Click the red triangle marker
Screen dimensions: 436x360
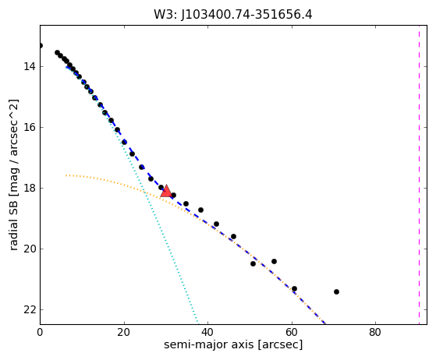click(166, 191)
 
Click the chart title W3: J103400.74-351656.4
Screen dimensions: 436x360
click(233, 15)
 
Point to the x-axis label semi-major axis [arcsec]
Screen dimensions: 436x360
click(233, 344)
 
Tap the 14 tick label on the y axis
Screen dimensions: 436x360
click(30, 67)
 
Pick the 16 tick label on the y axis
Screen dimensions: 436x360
click(30, 127)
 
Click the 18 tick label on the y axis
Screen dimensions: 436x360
click(30, 188)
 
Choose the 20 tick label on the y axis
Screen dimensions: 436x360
click(30, 249)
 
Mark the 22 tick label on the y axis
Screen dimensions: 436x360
click(30, 309)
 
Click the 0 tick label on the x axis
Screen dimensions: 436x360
click(40, 332)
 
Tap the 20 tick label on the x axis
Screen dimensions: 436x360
click(124, 332)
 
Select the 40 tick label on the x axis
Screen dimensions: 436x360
click(207, 332)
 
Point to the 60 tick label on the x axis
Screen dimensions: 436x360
click(292, 332)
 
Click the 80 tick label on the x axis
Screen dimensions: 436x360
click(375, 332)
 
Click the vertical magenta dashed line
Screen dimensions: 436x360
click(419, 175)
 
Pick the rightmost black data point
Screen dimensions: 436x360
click(336, 291)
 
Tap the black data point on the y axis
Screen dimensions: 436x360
click(41, 45)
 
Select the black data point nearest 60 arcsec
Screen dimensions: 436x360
click(294, 288)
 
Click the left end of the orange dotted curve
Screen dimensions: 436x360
click(66, 175)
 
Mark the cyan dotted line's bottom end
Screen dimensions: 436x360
click(197, 323)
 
